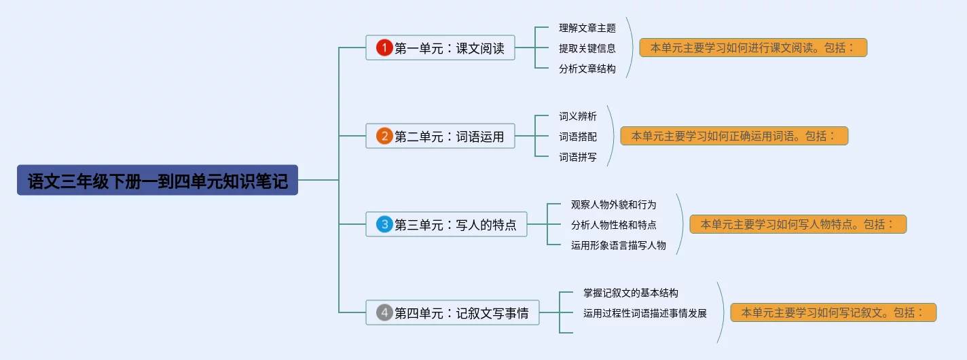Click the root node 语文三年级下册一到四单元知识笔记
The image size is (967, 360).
(x=158, y=180)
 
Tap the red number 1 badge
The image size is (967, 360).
(x=384, y=48)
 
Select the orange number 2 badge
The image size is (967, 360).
(x=384, y=136)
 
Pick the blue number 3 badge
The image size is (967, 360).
(x=384, y=224)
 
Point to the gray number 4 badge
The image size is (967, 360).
(x=384, y=312)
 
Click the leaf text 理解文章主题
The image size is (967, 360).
(x=587, y=28)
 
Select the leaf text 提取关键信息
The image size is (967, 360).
(x=587, y=48)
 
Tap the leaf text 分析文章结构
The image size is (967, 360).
(x=587, y=69)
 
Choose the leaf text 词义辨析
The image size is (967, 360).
(x=578, y=116)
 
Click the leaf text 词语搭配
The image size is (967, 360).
(x=578, y=137)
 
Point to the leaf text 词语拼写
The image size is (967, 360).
(x=578, y=157)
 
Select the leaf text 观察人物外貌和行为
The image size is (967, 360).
(x=613, y=204)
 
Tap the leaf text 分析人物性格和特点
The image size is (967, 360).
(x=613, y=225)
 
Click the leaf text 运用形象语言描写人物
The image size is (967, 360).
(x=618, y=245)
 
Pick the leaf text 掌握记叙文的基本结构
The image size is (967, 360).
(x=631, y=293)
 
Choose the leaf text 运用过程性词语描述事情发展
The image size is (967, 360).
(x=645, y=313)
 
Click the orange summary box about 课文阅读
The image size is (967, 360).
(x=753, y=48)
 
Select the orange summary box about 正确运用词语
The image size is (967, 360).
(x=734, y=136)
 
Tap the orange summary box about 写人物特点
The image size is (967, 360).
(x=798, y=224)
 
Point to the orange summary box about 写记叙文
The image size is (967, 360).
(x=834, y=312)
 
